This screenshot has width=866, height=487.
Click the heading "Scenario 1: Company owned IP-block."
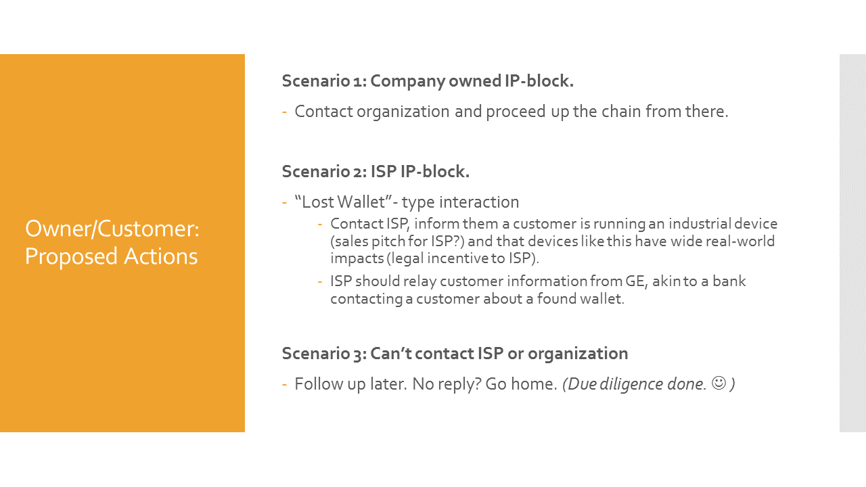(428, 81)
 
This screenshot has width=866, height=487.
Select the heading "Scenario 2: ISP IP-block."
(375, 172)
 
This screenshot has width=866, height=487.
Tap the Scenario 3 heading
(455, 353)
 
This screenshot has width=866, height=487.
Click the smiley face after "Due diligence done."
(719, 384)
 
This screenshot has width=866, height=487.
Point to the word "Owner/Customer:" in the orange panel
(112, 229)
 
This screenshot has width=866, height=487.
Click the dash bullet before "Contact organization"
(285, 112)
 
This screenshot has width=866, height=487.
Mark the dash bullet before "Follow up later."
(285, 384)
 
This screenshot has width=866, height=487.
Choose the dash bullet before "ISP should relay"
(321, 281)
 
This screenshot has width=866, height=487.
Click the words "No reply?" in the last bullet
(447, 384)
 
